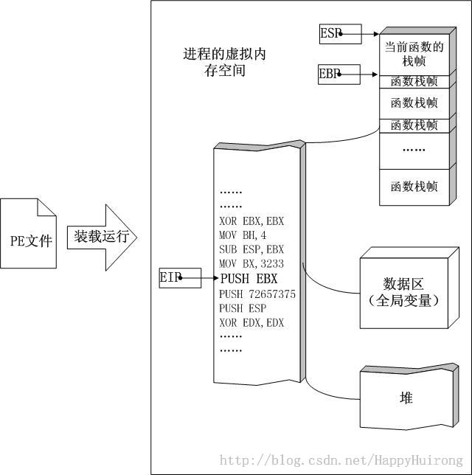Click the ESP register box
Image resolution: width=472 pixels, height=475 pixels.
pyautogui.click(x=340, y=33)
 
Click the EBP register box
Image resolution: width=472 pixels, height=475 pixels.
pyautogui.click(x=339, y=74)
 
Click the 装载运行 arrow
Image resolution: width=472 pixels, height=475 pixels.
pyautogui.click(x=102, y=237)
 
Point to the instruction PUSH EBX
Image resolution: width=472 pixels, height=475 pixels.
pyautogui.click(x=249, y=279)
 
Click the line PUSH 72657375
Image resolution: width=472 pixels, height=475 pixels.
pyautogui.click(x=257, y=294)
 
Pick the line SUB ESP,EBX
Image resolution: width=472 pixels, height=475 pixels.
pyautogui.click(x=251, y=249)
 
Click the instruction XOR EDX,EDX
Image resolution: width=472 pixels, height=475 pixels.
pyautogui.click(x=251, y=322)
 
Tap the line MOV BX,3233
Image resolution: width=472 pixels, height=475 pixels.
pyautogui.click(x=251, y=264)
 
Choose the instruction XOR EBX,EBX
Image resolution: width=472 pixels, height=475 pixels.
pyautogui.click(x=251, y=221)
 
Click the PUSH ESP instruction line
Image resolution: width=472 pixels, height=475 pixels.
pyautogui.click(x=241, y=308)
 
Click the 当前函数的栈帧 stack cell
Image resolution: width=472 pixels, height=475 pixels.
pyautogui.click(x=414, y=55)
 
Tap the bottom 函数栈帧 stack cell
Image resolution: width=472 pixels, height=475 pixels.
pyautogui.click(x=414, y=187)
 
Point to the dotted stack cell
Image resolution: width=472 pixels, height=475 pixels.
pyautogui.click(x=414, y=150)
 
